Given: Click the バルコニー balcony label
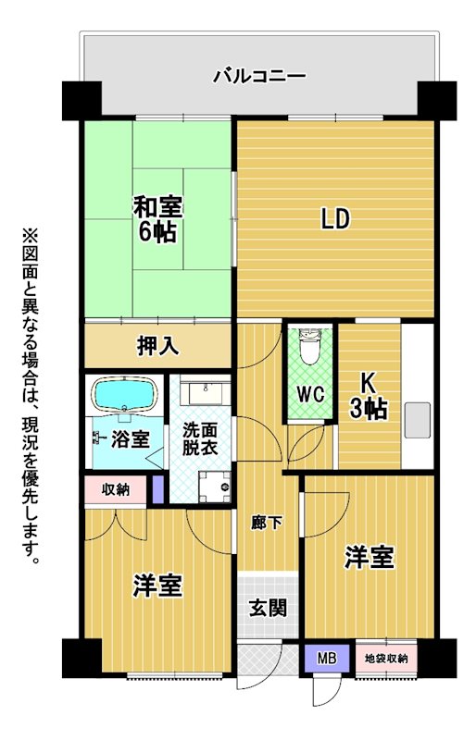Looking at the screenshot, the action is tap(259, 77).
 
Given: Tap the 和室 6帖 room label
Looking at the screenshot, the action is tap(157, 219).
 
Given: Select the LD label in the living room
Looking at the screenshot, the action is tap(335, 219).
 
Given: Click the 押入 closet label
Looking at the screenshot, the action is tap(157, 346).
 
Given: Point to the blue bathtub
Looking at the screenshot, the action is tap(125, 395).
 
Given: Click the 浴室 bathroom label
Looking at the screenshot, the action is tap(131, 440).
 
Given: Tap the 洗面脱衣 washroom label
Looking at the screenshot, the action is tap(200, 438).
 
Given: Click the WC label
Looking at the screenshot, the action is tap(310, 395).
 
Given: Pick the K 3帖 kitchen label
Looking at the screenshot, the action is tap(369, 397).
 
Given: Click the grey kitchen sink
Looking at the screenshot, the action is tap(418, 420).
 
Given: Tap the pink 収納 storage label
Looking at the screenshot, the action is tap(116, 490).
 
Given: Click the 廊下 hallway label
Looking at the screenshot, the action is tap(267, 523).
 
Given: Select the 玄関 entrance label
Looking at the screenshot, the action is tap(268, 608).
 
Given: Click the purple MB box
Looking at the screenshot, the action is tap(327, 658).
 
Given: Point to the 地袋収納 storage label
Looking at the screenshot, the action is tap(387, 659).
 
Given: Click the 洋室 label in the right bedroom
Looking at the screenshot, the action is tap(370, 558).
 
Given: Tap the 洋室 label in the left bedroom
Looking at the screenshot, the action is tap(157, 586).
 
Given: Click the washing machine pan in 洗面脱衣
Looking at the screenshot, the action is tap(215, 487).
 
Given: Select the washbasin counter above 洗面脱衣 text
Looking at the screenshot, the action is tap(206, 390).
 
